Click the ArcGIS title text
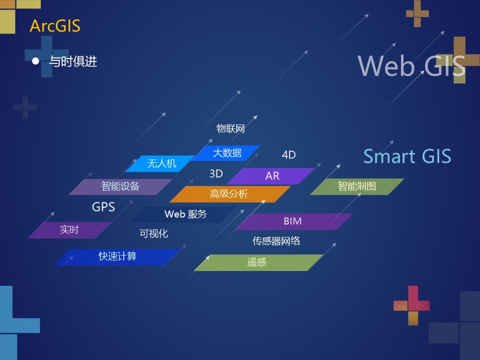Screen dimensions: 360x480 (55, 25)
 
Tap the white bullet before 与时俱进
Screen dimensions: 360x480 (35, 61)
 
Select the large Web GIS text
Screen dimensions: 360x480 (411, 65)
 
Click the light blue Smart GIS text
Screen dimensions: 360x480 (407, 156)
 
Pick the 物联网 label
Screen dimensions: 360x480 (230, 128)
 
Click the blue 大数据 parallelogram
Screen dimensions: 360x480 (227, 153)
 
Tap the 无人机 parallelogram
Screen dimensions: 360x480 (161, 163)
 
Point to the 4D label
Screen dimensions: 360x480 (288, 155)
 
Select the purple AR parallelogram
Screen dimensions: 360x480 (272, 176)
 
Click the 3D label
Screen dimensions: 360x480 (216, 174)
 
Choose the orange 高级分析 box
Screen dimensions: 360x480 (229, 194)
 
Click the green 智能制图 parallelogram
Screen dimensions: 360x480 (356, 186)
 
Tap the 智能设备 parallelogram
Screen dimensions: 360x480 (120, 186)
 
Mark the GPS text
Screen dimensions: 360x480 (103, 206)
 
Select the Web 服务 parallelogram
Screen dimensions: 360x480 (185, 214)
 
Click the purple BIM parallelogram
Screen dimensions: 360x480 (293, 221)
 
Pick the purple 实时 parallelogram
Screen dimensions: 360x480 (69, 230)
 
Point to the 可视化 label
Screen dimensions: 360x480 (153, 233)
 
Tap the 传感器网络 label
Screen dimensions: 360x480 (276, 241)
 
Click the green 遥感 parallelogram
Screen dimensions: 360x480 (257, 262)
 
